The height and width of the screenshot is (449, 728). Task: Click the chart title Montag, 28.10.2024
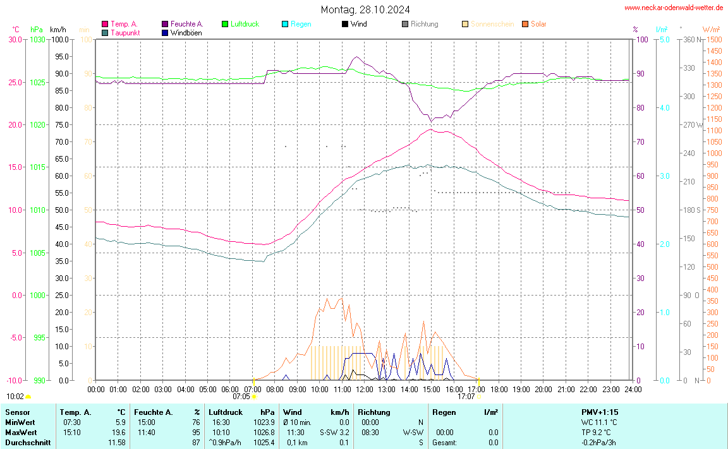[x=365, y=9]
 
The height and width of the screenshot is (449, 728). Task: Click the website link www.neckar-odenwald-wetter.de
[x=673, y=8]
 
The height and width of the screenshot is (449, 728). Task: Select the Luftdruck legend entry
[x=245, y=24]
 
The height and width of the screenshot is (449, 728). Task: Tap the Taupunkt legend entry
[x=125, y=32]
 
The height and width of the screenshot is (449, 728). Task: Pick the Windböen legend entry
[x=186, y=32]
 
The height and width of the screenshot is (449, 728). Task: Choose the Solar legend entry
[x=538, y=24]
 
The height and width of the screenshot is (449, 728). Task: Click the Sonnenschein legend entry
[x=492, y=24]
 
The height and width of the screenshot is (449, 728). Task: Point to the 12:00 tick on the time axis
[x=365, y=389]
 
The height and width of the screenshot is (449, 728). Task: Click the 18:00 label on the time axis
[x=499, y=389]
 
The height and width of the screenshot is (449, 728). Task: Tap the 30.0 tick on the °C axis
[x=15, y=39]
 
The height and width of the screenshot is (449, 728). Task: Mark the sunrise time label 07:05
[x=241, y=397]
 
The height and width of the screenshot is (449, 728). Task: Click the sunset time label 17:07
[x=466, y=397]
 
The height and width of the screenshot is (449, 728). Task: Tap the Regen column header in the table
[x=445, y=412]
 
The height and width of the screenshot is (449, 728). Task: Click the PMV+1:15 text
[x=600, y=412]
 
